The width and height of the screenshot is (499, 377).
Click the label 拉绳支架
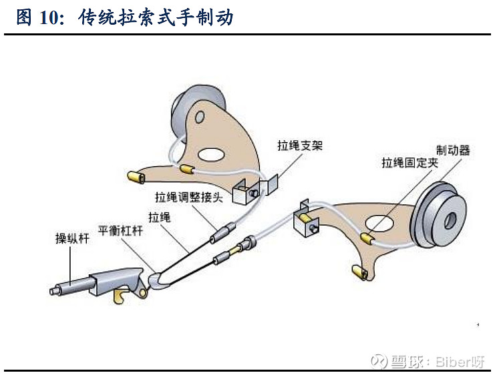(x=300, y=145)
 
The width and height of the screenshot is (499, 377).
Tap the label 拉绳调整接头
(x=190, y=198)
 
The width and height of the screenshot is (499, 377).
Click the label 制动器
(x=452, y=150)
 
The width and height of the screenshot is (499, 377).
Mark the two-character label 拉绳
(x=159, y=217)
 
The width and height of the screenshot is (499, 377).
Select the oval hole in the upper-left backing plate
(x=211, y=154)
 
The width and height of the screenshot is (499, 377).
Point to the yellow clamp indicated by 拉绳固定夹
(x=367, y=236)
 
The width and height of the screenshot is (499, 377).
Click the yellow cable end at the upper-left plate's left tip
(x=136, y=177)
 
